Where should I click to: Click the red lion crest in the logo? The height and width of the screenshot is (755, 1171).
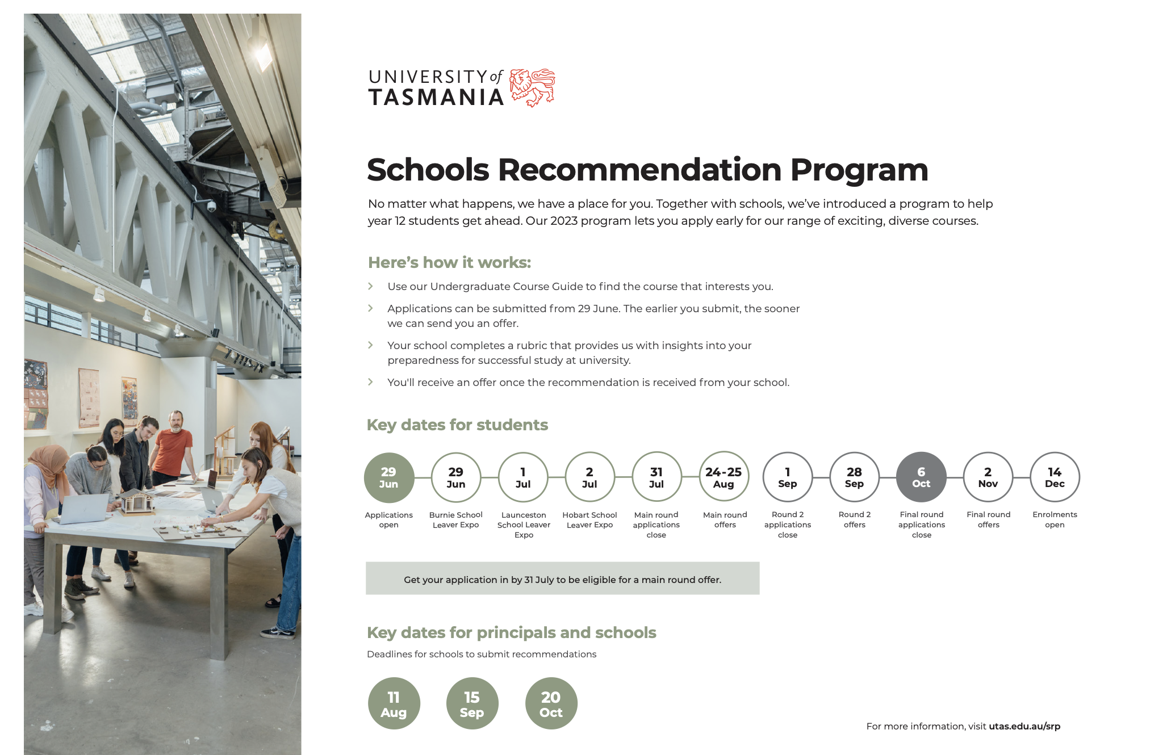click(532, 87)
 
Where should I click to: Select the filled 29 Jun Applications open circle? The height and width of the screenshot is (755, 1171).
click(389, 477)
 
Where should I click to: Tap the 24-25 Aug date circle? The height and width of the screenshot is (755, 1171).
click(723, 477)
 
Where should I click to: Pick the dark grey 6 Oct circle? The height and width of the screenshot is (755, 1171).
click(921, 477)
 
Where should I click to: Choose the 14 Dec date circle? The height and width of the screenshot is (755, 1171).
click(1055, 477)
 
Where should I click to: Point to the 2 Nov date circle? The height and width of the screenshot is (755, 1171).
click(988, 477)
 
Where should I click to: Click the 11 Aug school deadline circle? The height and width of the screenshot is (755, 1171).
click(394, 704)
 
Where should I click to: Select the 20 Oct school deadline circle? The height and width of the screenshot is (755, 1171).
click(551, 704)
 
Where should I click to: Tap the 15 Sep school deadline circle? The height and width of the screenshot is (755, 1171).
click(472, 704)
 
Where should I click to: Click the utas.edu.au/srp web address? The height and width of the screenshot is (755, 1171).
click(1024, 726)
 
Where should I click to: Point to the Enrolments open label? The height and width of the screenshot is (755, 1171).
click(1055, 519)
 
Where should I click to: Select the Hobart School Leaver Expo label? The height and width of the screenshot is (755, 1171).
click(589, 519)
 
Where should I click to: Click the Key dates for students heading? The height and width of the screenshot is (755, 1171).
click(457, 425)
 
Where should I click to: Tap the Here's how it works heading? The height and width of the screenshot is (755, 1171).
click(449, 263)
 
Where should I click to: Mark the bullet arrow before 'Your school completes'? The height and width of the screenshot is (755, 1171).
click(371, 345)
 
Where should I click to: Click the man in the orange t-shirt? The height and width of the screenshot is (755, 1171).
click(173, 448)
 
